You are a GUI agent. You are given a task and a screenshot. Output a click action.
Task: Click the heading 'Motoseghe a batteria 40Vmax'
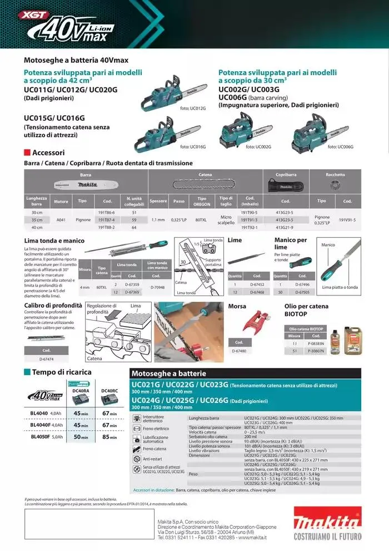point(76,60)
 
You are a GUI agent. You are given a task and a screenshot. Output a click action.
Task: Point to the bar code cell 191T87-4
point(106,220)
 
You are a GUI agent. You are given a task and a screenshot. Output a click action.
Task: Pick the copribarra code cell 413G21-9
point(285,227)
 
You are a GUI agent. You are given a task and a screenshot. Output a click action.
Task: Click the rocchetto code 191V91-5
point(347,220)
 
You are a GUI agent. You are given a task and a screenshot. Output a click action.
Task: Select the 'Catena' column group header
point(205,175)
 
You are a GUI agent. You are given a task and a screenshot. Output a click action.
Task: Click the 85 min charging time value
point(109,437)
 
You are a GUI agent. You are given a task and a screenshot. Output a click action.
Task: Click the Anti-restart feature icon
point(137,459)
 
